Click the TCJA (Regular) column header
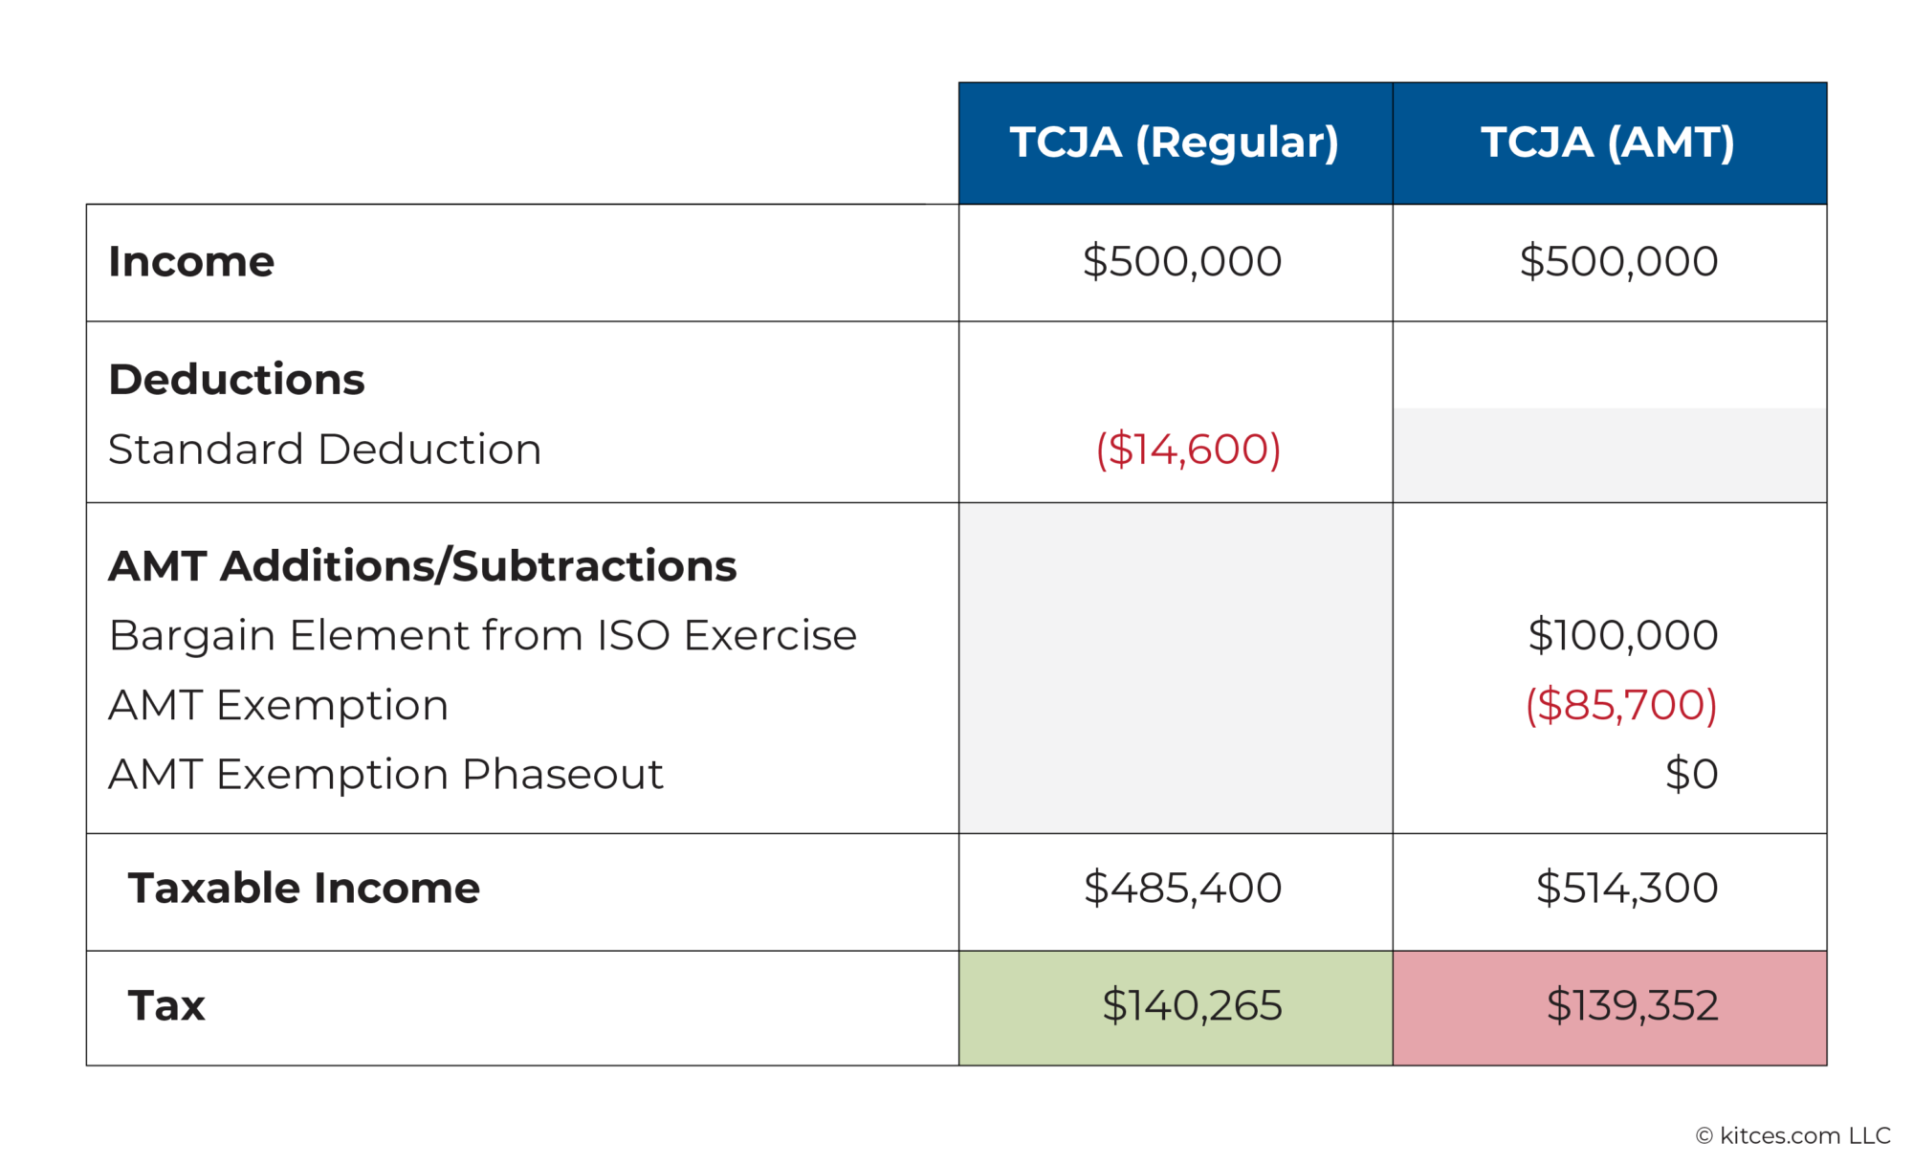coord(1175,143)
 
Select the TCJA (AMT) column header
coord(1609,143)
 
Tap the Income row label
coord(191,261)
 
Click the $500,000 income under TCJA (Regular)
coord(1182,261)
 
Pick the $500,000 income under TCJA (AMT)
coord(1618,261)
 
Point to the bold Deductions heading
coord(236,379)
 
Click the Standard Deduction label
coord(325,449)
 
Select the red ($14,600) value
coord(1188,449)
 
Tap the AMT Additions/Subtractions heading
coord(422,565)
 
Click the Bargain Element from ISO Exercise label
coord(483,635)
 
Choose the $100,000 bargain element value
coord(1622,635)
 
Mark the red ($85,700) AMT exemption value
coord(1621,705)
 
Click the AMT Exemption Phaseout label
coord(385,774)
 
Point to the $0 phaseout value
coord(1691,774)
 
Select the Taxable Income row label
coord(304,888)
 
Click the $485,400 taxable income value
coord(1182,888)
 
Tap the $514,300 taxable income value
coord(1626,888)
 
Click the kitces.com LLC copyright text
coord(1793,1135)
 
